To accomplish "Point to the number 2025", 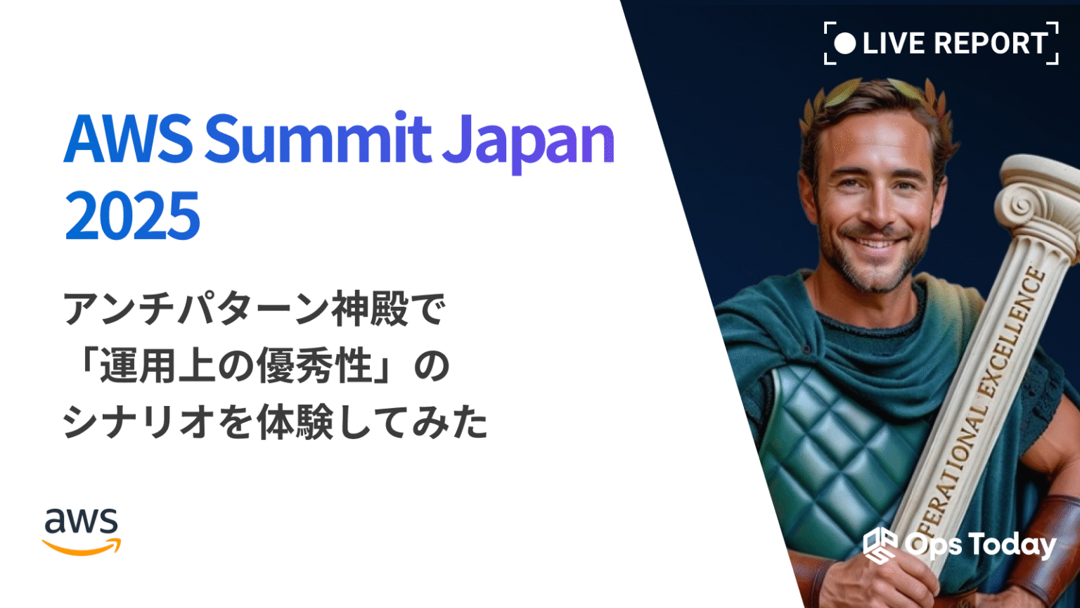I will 132,215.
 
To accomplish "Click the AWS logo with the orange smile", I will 82,531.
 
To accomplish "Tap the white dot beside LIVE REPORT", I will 844,44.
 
